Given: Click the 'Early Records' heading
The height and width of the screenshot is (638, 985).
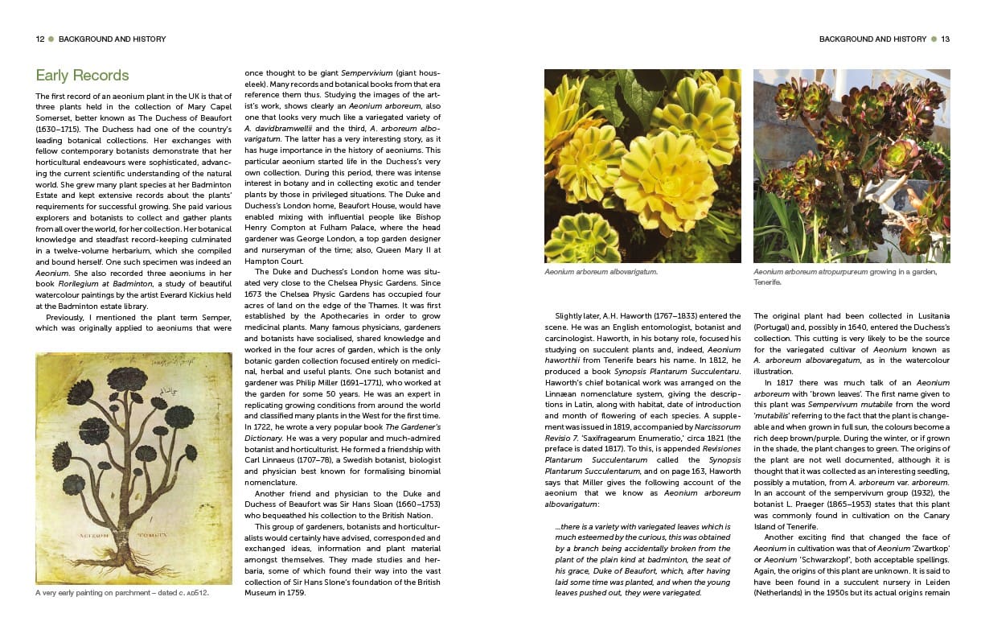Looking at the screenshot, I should pyautogui.click(x=82, y=76).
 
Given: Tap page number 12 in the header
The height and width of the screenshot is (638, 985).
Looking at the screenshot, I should pyautogui.click(x=40, y=39).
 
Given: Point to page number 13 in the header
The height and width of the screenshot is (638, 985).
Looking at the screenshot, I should pyautogui.click(x=945, y=39).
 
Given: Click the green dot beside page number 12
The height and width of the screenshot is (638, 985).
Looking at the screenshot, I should pyautogui.click(x=51, y=39).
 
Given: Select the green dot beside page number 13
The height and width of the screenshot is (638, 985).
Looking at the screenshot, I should pyautogui.click(x=934, y=39).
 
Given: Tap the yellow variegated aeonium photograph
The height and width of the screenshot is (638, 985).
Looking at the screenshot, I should pyautogui.click(x=642, y=166).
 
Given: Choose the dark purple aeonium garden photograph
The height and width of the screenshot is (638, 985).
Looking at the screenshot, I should pyautogui.click(x=852, y=166).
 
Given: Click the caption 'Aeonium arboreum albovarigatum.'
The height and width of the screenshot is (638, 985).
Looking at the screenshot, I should pyautogui.click(x=601, y=272).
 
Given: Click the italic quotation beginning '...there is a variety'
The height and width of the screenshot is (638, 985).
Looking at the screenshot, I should pyautogui.click(x=642, y=559).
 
